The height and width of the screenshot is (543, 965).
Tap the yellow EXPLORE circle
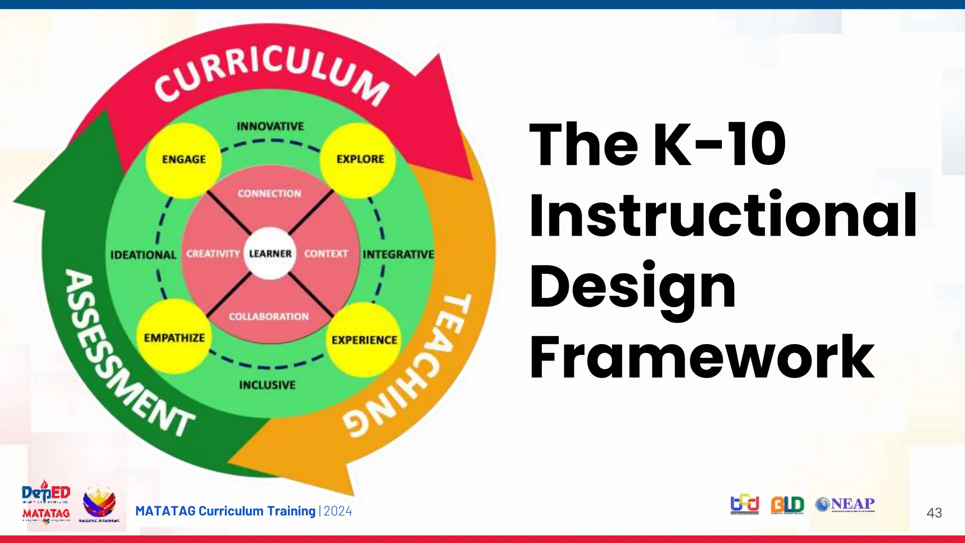point(359,159)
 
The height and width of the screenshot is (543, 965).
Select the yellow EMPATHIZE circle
point(174,337)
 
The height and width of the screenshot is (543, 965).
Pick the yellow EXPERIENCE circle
point(364,339)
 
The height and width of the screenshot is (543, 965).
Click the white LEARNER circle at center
point(270,254)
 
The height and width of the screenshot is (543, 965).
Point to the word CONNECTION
point(269,194)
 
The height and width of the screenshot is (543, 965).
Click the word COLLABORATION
point(269,317)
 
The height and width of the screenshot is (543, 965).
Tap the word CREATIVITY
point(213,254)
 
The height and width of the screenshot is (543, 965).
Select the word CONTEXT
point(326,254)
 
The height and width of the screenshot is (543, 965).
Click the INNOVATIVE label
point(270,126)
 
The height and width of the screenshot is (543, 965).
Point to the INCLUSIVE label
point(267,385)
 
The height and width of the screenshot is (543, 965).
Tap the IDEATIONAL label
point(143,255)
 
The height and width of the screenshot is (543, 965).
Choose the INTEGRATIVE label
point(399,255)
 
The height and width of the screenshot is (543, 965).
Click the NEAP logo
point(845,504)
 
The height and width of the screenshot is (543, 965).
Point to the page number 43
point(934,513)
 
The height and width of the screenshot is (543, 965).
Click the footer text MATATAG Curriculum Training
point(225,511)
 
